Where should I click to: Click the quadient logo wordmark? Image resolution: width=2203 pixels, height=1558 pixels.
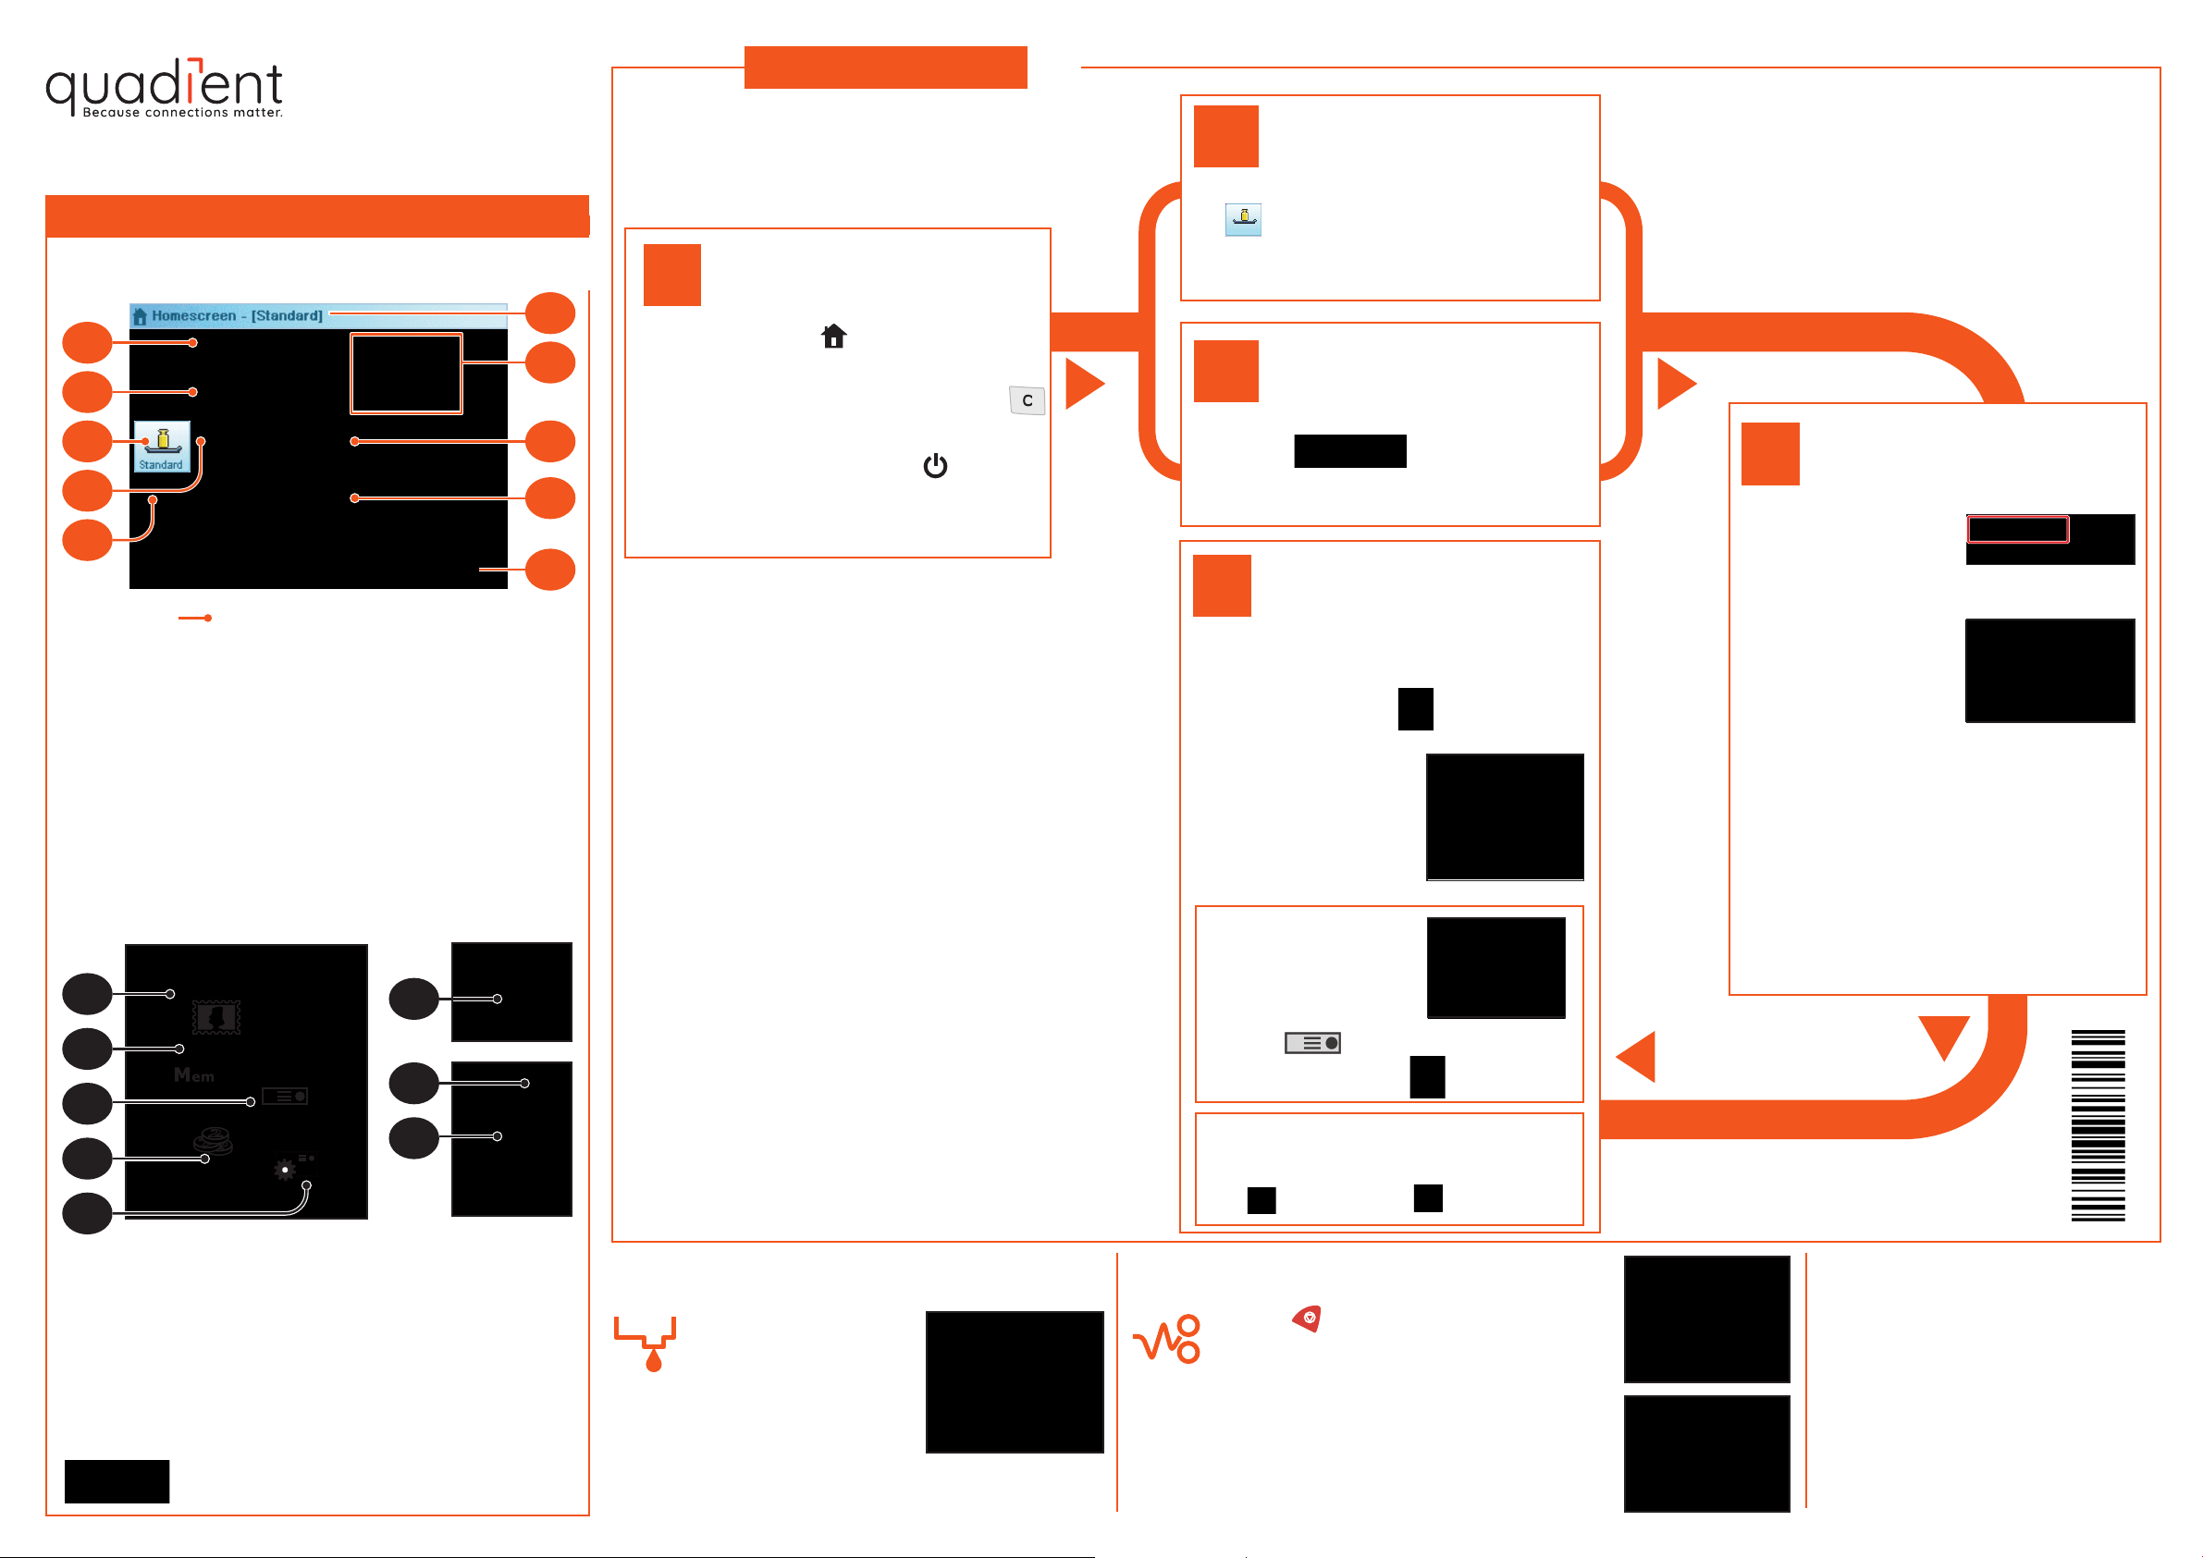click(163, 84)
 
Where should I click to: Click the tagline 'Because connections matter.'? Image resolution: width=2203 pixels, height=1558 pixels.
click(182, 113)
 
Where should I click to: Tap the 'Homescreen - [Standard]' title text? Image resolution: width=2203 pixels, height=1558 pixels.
click(236, 315)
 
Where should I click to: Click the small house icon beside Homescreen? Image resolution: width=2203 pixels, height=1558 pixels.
click(140, 315)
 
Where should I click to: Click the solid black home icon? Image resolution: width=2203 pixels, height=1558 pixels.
click(833, 336)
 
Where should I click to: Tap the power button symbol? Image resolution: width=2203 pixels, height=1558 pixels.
click(934, 465)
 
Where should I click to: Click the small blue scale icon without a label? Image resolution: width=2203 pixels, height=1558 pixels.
click(1243, 220)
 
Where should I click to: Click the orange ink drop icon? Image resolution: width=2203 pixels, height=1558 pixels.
click(654, 1360)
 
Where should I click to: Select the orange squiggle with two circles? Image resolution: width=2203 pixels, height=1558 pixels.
click(1168, 1339)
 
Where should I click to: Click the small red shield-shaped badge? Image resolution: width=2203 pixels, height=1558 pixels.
click(1307, 1319)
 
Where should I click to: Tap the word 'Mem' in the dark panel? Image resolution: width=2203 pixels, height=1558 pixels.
click(194, 1075)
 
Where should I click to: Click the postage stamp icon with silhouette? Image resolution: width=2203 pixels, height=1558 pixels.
click(215, 1017)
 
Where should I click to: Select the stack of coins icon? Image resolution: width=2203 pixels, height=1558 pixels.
click(213, 1141)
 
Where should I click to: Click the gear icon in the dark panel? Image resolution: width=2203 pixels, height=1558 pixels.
click(285, 1170)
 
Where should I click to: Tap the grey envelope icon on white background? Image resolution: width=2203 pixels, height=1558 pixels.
click(1311, 1043)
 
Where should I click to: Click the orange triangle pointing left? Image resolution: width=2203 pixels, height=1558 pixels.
click(1639, 1056)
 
